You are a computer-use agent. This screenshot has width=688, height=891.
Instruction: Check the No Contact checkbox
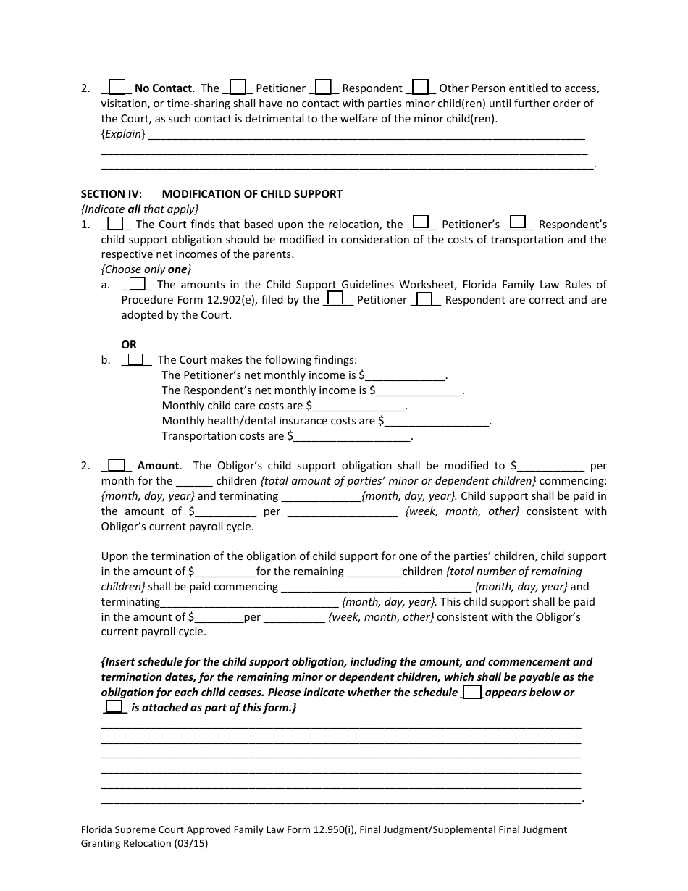[x=117, y=88]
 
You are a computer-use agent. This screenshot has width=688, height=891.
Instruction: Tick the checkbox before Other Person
[x=421, y=88]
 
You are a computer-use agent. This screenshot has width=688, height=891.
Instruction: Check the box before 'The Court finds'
[x=117, y=224]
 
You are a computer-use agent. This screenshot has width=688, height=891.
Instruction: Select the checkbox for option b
[x=135, y=359]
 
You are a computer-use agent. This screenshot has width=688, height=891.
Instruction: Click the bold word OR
[x=129, y=345]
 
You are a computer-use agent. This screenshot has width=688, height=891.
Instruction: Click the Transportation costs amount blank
[x=352, y=437]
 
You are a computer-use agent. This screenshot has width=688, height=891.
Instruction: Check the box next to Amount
[x=117, y=466]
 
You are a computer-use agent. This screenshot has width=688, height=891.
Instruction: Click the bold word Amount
[x=159, y=466]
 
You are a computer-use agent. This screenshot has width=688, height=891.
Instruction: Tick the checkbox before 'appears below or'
[x=471, y=692]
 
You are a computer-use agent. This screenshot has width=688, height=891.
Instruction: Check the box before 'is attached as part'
[x=114, y=707]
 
